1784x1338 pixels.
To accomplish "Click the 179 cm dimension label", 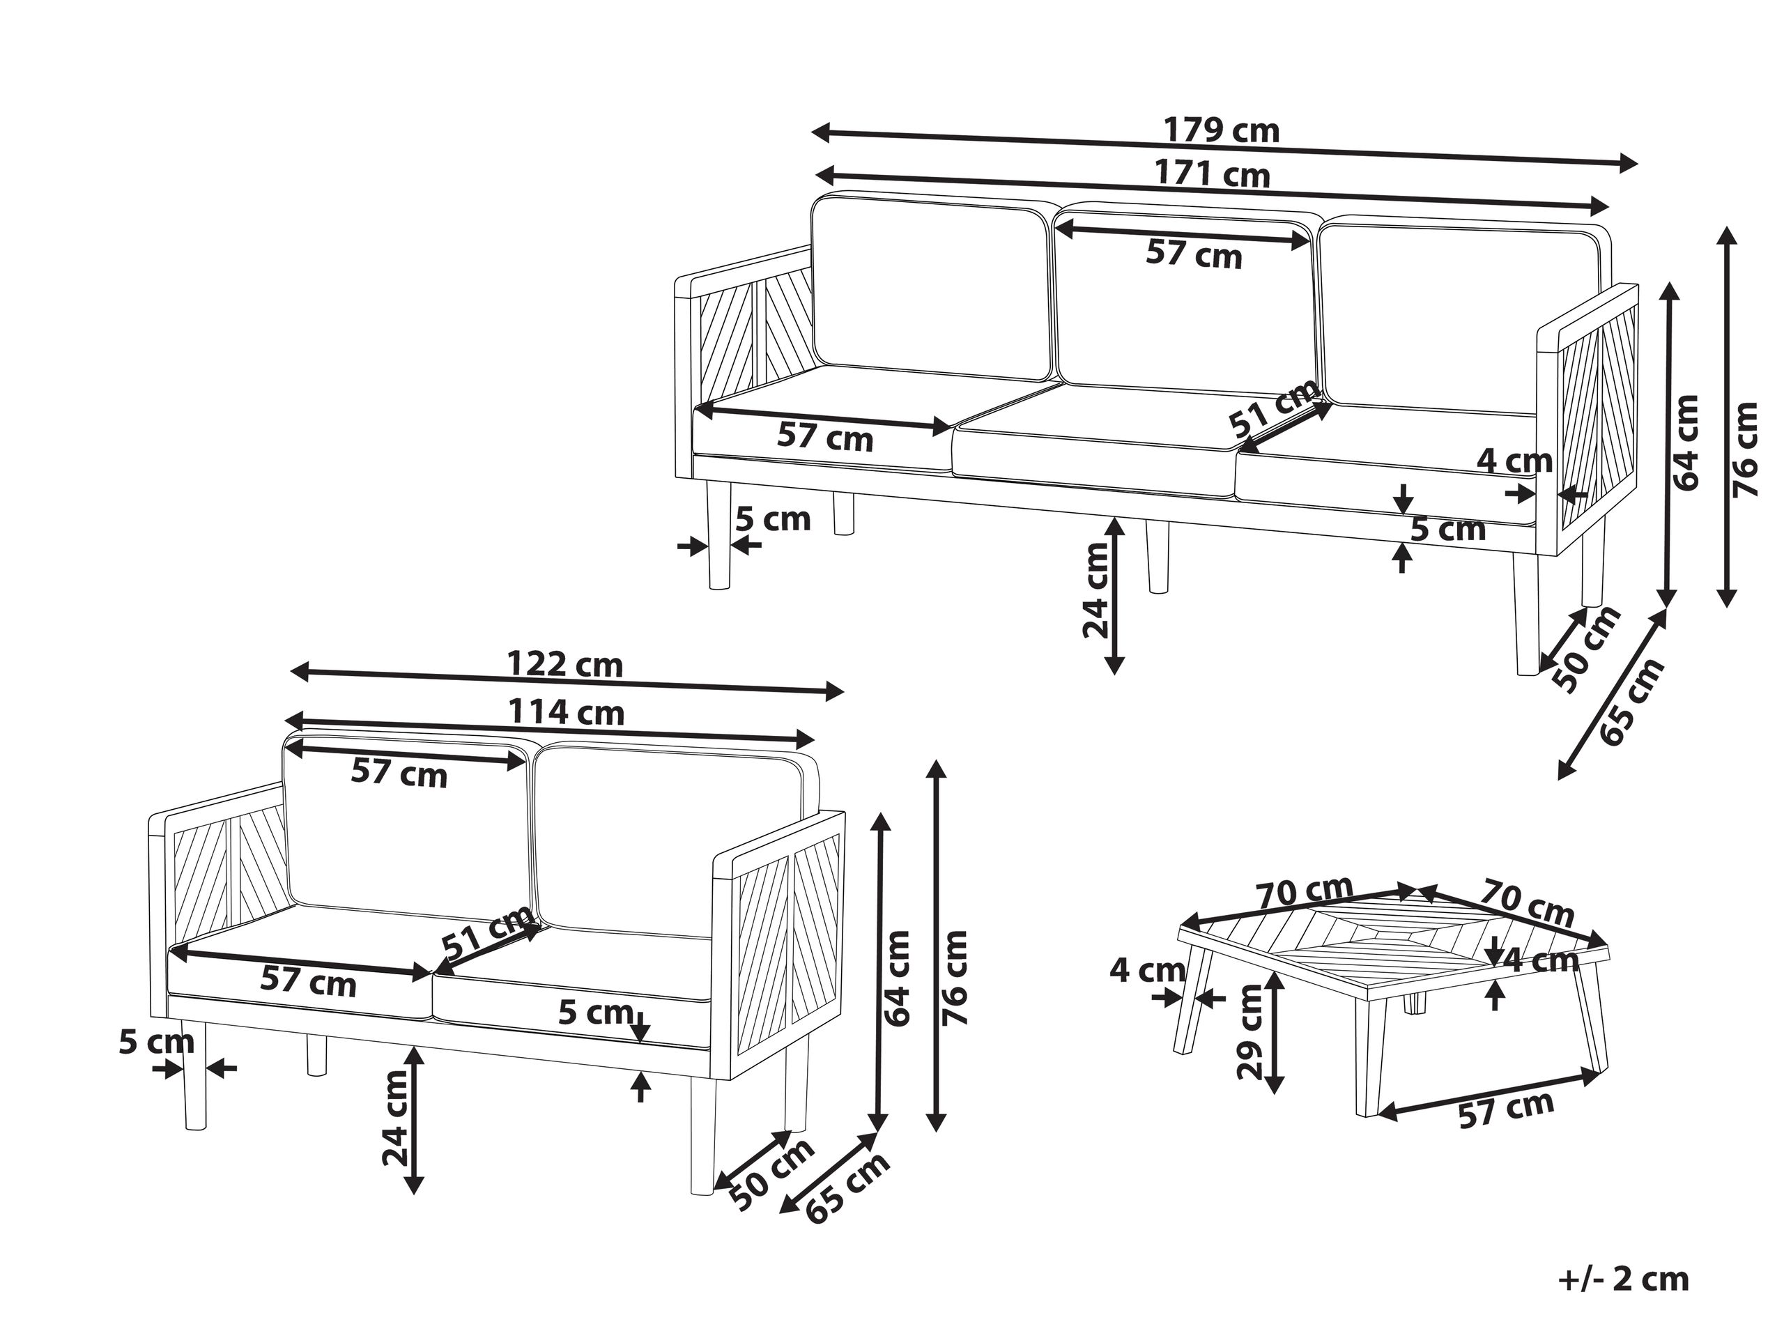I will coord(1221,130).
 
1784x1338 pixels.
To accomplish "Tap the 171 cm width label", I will coord(1212,174).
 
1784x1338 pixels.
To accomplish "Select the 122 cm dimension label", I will coord(565,665).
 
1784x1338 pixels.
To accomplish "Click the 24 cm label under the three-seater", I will coord(1095,590).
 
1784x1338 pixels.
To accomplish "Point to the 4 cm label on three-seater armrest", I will coord(1514,461).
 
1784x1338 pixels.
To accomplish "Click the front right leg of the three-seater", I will coord(1526,615).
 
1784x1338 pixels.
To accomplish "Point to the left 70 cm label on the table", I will coord(1304,893).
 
